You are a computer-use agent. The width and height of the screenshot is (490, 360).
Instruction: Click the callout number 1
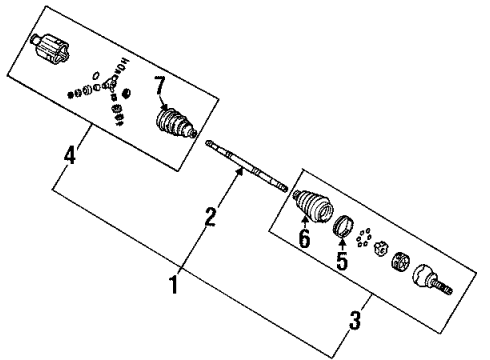(173, 285)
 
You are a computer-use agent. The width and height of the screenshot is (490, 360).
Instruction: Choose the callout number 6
(305, 240)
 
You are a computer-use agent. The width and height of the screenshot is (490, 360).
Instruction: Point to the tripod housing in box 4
(50, 48)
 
